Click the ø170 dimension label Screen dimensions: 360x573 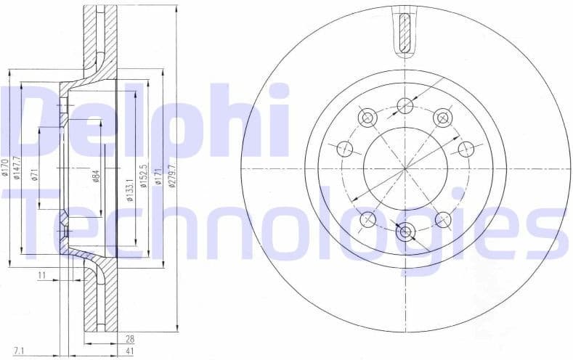(4, 168)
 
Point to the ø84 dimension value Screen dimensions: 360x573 (97, 175)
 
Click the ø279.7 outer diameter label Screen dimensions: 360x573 (171, 174)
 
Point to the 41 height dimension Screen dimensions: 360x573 (129, 352)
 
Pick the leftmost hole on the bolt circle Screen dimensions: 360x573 (345, 149)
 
